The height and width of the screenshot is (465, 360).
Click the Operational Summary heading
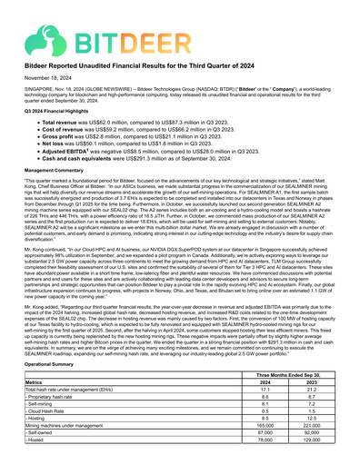[55, 388]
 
